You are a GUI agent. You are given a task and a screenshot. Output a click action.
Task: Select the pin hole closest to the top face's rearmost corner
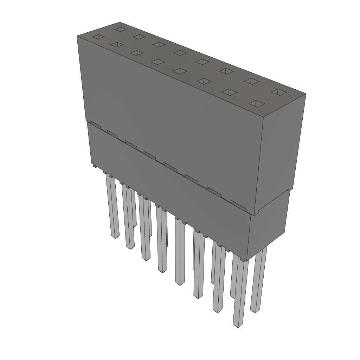click(121, 29)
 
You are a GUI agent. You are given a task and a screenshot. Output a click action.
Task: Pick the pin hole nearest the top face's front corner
click(257, 104)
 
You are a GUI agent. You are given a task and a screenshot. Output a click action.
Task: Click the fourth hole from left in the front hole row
click(157, 62)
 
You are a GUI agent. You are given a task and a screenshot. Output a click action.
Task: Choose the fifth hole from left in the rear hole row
click(202, 62)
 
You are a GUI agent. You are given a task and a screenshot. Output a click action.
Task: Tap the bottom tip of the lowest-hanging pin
click(238, 326)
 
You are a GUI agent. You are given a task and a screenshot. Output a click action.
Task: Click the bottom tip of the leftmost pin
click(115, 237)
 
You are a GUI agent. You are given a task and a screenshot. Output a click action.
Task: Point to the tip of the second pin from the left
click(130, 247)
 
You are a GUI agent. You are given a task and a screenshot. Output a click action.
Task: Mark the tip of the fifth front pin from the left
click(180, 283)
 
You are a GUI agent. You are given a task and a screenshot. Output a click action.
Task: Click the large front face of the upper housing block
click(169, 116)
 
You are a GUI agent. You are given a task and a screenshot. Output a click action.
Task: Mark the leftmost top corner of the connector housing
click(77, 36)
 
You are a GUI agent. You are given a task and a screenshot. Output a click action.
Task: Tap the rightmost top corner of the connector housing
click(306, 94)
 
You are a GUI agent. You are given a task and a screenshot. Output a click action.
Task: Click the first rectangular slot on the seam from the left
click(95, 124)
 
